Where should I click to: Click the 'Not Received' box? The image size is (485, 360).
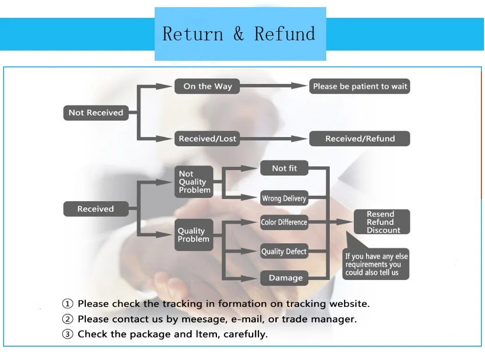[95, 113]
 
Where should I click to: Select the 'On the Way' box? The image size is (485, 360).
[207, 86]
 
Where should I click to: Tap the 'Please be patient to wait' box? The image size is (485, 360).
[360, 86]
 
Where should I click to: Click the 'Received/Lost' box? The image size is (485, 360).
[207, 138]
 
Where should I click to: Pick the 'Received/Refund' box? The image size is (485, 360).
[360, 138]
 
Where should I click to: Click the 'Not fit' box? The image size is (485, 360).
[284, 168]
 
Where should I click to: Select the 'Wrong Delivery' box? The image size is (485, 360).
[284, 198]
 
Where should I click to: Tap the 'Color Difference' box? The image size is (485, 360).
[284, 222]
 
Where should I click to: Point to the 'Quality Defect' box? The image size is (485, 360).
[284, 251]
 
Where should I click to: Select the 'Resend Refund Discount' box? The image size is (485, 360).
[382, 222]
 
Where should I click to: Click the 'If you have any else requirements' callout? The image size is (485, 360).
[377, 264]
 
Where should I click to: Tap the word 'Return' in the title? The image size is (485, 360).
[193, 34]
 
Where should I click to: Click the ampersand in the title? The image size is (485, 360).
[239, 34]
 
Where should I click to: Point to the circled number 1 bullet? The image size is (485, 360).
[67, 304]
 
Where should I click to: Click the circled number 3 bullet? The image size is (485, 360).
[67, 334]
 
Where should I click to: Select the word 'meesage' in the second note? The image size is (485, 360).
[191, 319]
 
